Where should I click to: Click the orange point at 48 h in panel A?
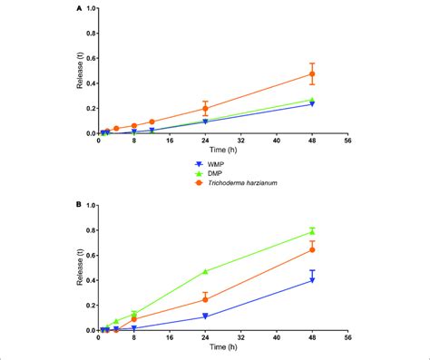click(312, 73)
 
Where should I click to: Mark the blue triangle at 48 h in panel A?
click(312, 104)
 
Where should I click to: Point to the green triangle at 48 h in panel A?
click(312, 100)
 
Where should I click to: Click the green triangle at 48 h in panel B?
click(312, 231)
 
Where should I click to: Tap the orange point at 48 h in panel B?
click(312, 249)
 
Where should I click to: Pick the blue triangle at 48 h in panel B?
click(312, 280)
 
